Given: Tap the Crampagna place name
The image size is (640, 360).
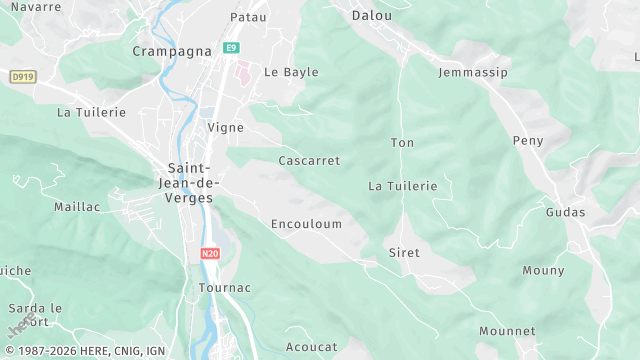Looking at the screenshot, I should (x=164, y=50).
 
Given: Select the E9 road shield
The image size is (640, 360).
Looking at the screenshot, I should (x=231, y=48).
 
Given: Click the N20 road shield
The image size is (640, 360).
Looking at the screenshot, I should (x=210, y=254).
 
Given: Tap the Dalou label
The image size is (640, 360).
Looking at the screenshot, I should (x=372, y=15).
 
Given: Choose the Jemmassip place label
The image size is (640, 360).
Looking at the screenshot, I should (x=473, y=73).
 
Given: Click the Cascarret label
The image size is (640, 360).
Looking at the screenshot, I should (x=309, y=160).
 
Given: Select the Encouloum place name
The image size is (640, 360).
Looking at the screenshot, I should (x=306, y=224).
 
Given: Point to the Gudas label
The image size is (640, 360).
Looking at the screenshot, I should (x=565, y=212).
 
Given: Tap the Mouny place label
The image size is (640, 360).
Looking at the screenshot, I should (x=543, y=270).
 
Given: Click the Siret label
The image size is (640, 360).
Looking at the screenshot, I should (x=404, y=253).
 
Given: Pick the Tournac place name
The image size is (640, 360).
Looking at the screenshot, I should (x=225, y=287).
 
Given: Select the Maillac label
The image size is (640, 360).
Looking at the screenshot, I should (x=77, y=206).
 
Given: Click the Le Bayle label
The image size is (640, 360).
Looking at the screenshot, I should (x=283, y=72).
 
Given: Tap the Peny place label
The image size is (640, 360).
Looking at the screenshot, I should (x=528, y=141).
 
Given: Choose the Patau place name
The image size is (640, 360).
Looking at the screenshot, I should (x=248, y=17).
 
